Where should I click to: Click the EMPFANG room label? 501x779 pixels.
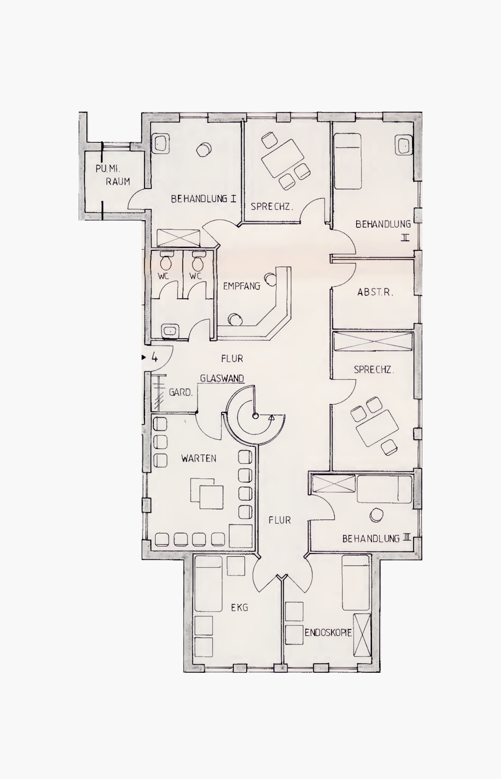[x=242, y=286]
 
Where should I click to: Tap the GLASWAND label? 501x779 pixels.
[x=222, y=378]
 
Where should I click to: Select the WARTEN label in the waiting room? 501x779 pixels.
[x=199, y=458]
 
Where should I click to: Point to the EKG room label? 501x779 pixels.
[x=240, y=607]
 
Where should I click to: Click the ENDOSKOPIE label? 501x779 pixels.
[x=328, y=633]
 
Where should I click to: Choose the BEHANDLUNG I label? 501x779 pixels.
[x=203, y=199]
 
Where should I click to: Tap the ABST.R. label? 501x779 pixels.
[x=375, y=292]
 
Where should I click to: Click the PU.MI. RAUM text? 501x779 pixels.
[x=113, y=175]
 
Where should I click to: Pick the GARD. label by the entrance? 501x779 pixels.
[x=181, y=392]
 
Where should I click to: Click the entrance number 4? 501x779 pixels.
[x=154, y=357]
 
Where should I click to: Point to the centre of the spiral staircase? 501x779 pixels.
[x=255, y=416]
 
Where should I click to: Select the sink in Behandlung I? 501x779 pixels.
[x=161, y=144]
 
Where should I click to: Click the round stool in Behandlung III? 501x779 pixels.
[x=377, y=515]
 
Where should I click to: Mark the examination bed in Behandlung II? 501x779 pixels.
[x=348, y=161]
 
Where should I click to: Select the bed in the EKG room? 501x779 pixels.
[x=208, y=583]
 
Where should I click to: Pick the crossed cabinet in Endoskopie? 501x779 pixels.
[x=362, y=635]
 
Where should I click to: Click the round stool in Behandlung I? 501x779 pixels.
[x=203, y=150]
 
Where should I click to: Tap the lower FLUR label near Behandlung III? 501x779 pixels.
[x=280, y=520]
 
